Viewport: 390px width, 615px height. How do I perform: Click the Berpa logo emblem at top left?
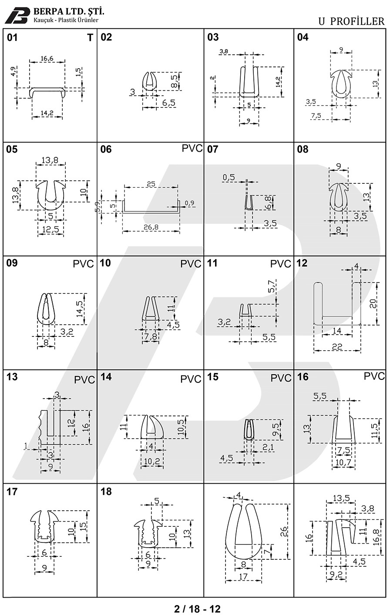[x=17, y=15]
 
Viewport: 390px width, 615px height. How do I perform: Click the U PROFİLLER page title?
[x=351, y=21]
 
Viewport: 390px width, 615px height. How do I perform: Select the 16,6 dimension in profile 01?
[x=47, y=59]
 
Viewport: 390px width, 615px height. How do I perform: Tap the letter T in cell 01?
[x=90, y=37]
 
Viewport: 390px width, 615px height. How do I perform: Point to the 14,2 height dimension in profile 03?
[x=278, y=82]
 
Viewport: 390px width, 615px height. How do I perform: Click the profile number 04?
[x=303, y=37]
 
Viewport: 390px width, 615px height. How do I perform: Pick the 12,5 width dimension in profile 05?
[x=50, y=229]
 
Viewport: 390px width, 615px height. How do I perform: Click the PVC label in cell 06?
[x=192, y=148]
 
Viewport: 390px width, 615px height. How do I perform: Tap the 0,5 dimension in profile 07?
[x=229, y=177]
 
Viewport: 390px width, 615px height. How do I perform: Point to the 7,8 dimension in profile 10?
[x=151, y=336]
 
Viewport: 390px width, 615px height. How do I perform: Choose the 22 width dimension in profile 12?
[x=337, y=346]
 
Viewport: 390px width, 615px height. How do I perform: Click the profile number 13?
[x=12, y=377]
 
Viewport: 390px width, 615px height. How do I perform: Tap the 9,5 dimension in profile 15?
[x=276, y=429]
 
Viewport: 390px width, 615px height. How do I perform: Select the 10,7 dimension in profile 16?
[x=343, y=462]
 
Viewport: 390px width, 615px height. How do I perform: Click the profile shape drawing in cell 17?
[x=44, y=527]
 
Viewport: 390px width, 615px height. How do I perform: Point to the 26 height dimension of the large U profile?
[x=283, y=532]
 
